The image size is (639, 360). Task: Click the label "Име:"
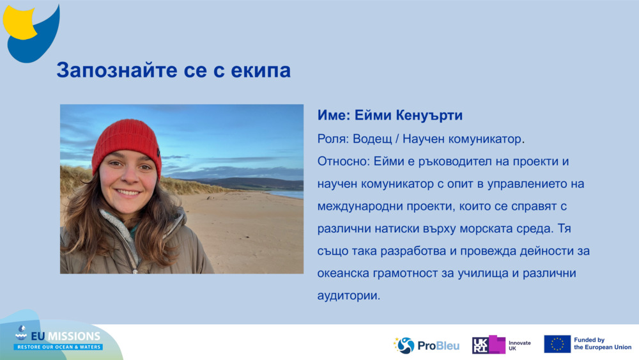point(337,116)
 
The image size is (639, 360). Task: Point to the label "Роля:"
point(334,139)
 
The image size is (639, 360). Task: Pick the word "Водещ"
point(376,139)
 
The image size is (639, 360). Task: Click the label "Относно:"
point(341,161)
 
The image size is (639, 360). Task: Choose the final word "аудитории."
point(349,296)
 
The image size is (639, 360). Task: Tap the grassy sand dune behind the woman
point(185,187)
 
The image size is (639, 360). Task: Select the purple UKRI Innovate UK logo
point(501,345)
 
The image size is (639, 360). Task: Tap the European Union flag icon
point(557,344)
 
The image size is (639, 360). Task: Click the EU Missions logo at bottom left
point(59,338)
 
